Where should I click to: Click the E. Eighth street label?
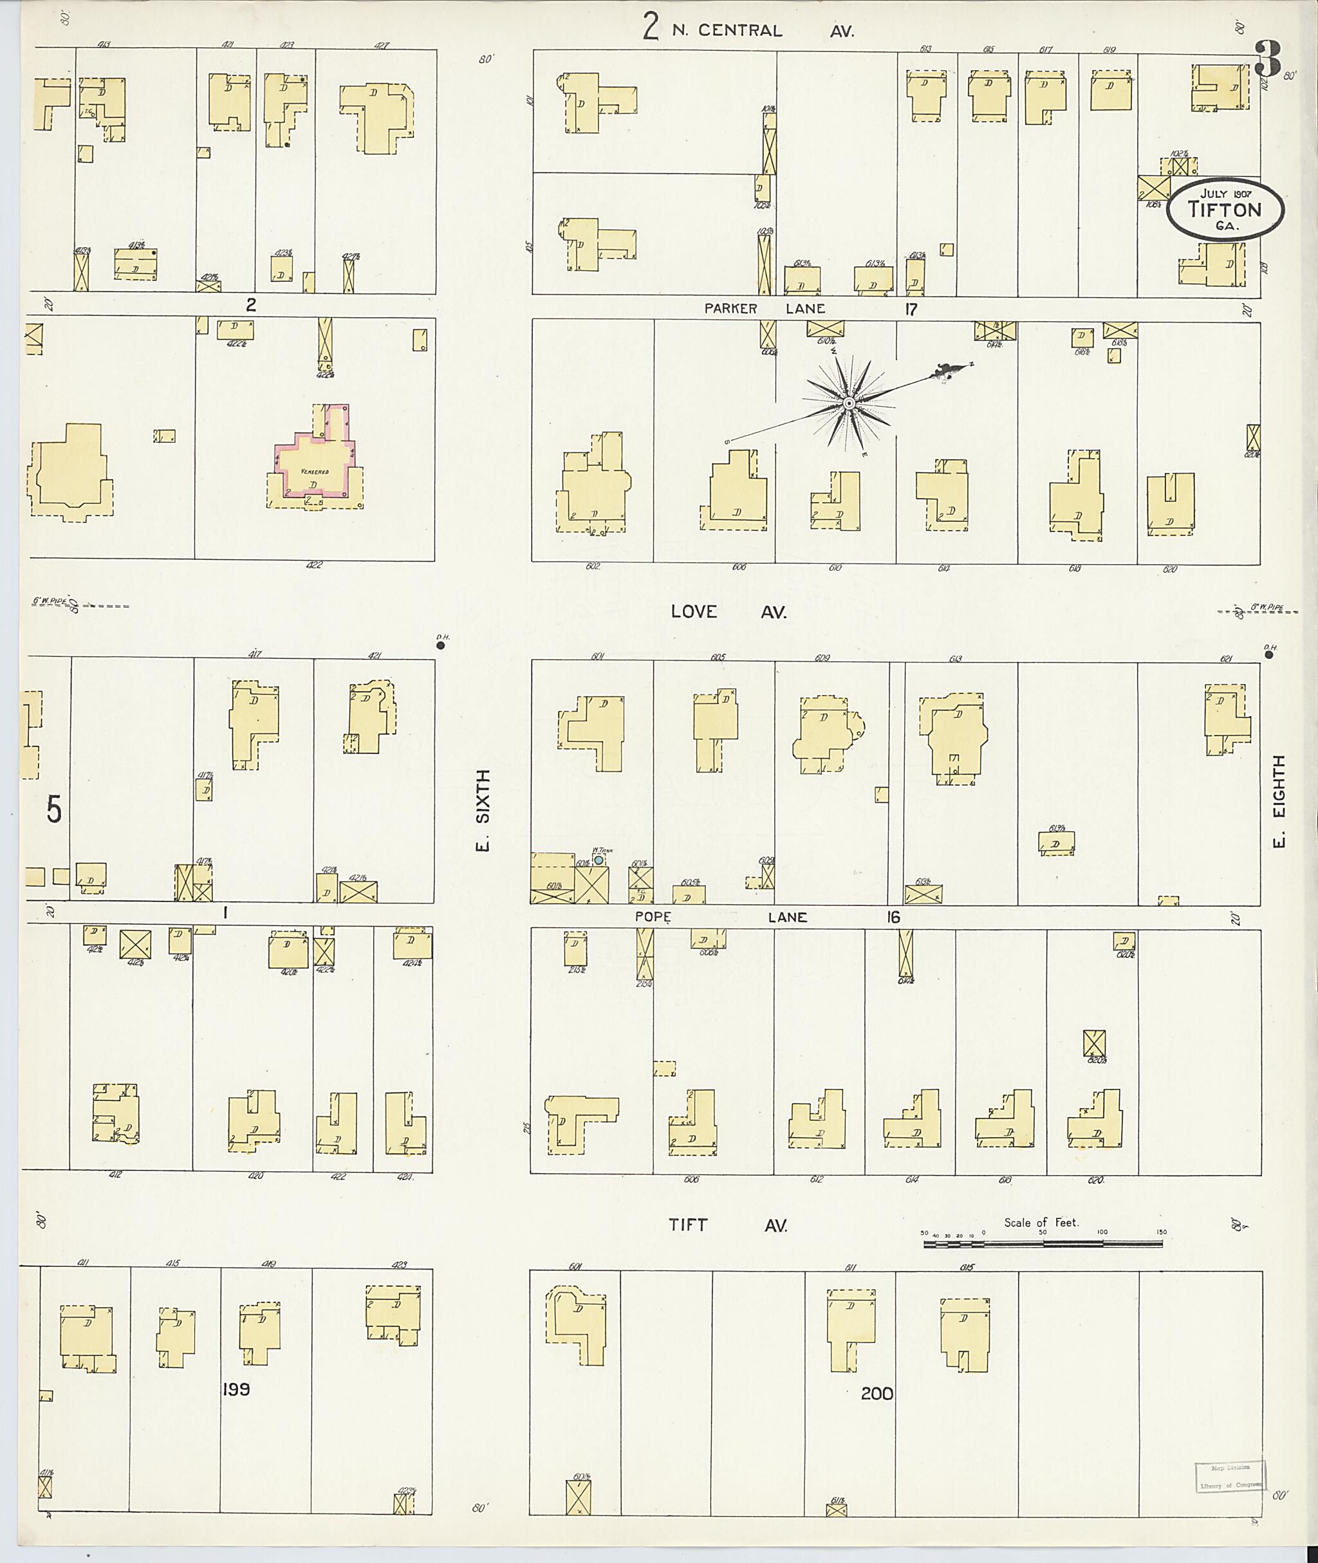(1279, 801)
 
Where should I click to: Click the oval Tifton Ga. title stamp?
(1225, 210)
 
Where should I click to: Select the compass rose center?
(848, 403)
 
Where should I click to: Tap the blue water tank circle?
(599, 860)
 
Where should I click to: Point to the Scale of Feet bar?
(1043, 1244)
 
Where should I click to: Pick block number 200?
(877, 1393)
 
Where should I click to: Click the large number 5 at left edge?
(54, 810)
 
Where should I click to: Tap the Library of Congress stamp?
(1229, 1475)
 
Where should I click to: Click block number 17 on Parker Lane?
(910, 309)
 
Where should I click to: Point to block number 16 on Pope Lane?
(894, 917)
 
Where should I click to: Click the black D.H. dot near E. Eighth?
(1268, 655)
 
